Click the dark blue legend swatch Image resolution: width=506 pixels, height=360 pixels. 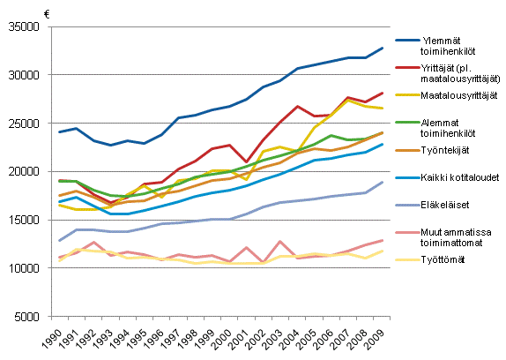coord(407,40)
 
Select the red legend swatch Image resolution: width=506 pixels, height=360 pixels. coord(407,67)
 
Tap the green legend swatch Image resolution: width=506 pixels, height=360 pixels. coord(407,123)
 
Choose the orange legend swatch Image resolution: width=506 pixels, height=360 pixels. coord(407,151)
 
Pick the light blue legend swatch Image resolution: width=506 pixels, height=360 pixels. coord(407,177)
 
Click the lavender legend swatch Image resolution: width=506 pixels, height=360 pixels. coord(407,205)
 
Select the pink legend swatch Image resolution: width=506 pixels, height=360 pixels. coord(407,233)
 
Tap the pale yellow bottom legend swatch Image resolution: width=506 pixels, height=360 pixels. coord(407,260)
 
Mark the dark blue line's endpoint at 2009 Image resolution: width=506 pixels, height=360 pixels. coord(383,48)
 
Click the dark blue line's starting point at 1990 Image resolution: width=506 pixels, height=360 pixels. coord(59,131)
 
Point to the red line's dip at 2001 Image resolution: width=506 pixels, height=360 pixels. coord(247,162)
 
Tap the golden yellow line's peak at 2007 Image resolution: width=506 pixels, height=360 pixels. coord(348,100)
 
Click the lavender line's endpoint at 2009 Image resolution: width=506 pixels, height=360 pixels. coord(383,182)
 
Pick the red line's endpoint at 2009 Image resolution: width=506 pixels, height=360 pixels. coord(383,93)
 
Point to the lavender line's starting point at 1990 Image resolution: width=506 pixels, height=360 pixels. coord(59,241)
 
